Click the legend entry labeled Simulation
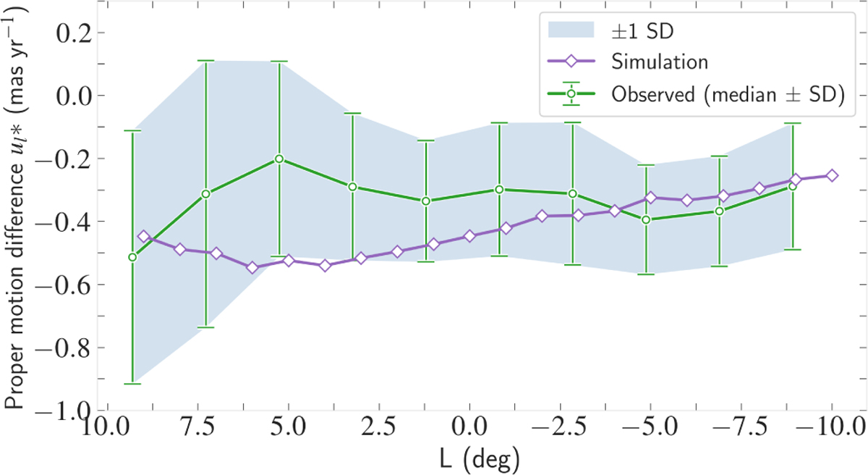(x=658, y=62)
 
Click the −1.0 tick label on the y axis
(x=61, y=411)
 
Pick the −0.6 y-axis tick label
(x=61, y=285)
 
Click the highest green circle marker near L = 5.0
(x=278, y=159)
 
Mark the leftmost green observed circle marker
(x=132, y=257)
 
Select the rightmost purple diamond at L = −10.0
(x=832, y=175)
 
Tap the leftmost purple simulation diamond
(x=143, y=236)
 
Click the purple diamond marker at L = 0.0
(x=469, y=236)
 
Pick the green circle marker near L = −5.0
(x=646, y=219)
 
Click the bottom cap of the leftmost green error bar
(x=132, y=383)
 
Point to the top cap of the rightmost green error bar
(x=793, y=124)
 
